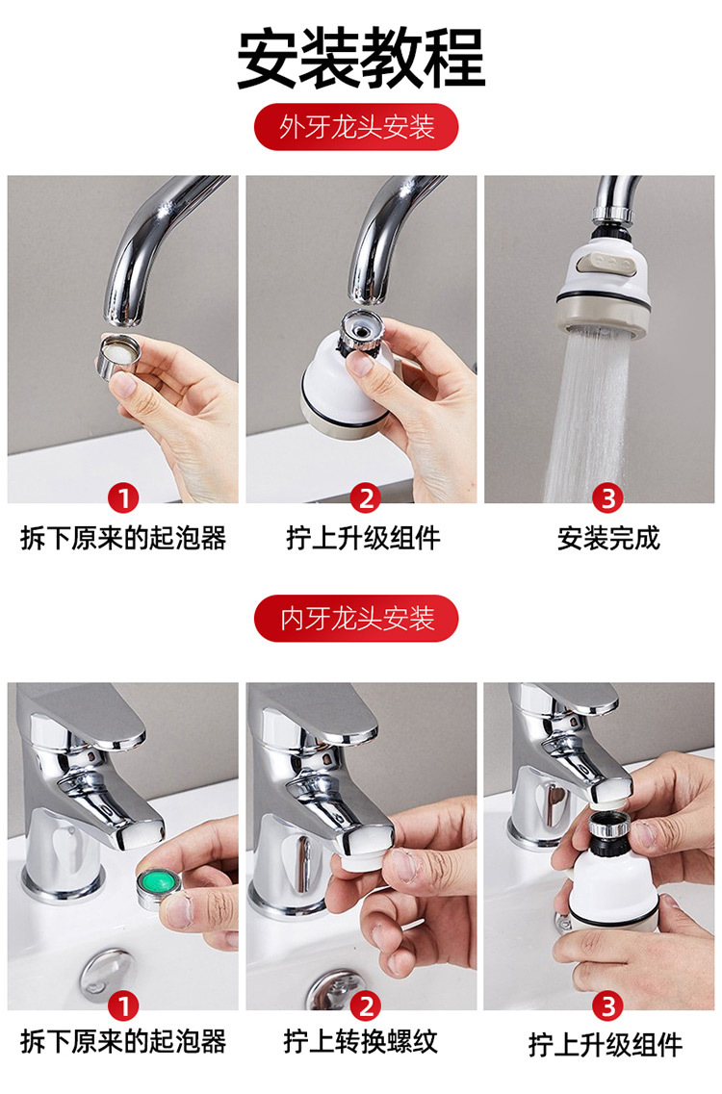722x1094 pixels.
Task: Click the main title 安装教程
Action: click(x=361, y=57)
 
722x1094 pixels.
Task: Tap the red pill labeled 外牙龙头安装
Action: click(x=356, y=127)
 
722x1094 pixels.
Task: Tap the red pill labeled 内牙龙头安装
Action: click(x=356, y=618)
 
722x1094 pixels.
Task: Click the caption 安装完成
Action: click(x=608, y=538)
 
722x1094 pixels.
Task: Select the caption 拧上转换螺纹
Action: click(x=360, y=1041)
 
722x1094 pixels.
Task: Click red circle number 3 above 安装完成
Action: click(x=607, y=498)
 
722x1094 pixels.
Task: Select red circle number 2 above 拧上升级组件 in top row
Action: click(x=365, y=498)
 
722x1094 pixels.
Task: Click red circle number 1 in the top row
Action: click(x=123, y=498)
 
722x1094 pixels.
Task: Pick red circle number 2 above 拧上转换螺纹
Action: click(x=365, y=1006)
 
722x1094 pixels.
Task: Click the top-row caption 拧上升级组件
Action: click(x=363, y=538)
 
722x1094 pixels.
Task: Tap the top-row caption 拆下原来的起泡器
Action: click(x=123, y=538)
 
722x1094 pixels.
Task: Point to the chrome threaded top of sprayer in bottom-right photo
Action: click(x=611, y=827)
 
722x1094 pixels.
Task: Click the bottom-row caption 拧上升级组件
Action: click(x=606, y=1045)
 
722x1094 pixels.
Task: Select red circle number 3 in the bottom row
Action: click(x=607, y=1006)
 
